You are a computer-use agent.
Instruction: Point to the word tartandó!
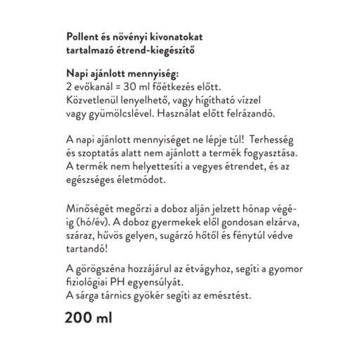click(87, 250)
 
